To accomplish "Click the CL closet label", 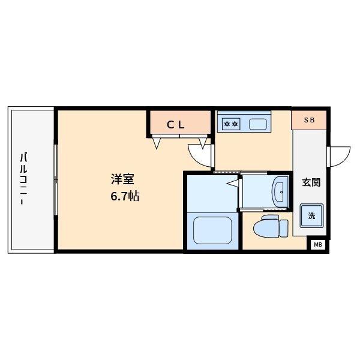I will click(178, 125).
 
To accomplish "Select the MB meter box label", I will click(318, 244).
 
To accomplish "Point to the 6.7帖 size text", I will click(124, 196).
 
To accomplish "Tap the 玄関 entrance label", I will click(311, 182).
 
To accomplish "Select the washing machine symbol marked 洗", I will click(311, 215).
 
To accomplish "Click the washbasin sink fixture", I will click(280, 191).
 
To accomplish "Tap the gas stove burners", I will click(231, 125).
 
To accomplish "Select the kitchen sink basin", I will click(259, 125).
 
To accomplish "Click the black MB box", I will click(318, 244).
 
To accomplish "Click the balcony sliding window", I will click(55, 179).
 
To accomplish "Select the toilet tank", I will click(284, 229).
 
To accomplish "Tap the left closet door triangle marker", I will click(158, 143).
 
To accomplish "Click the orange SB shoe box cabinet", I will click(309, 120).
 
